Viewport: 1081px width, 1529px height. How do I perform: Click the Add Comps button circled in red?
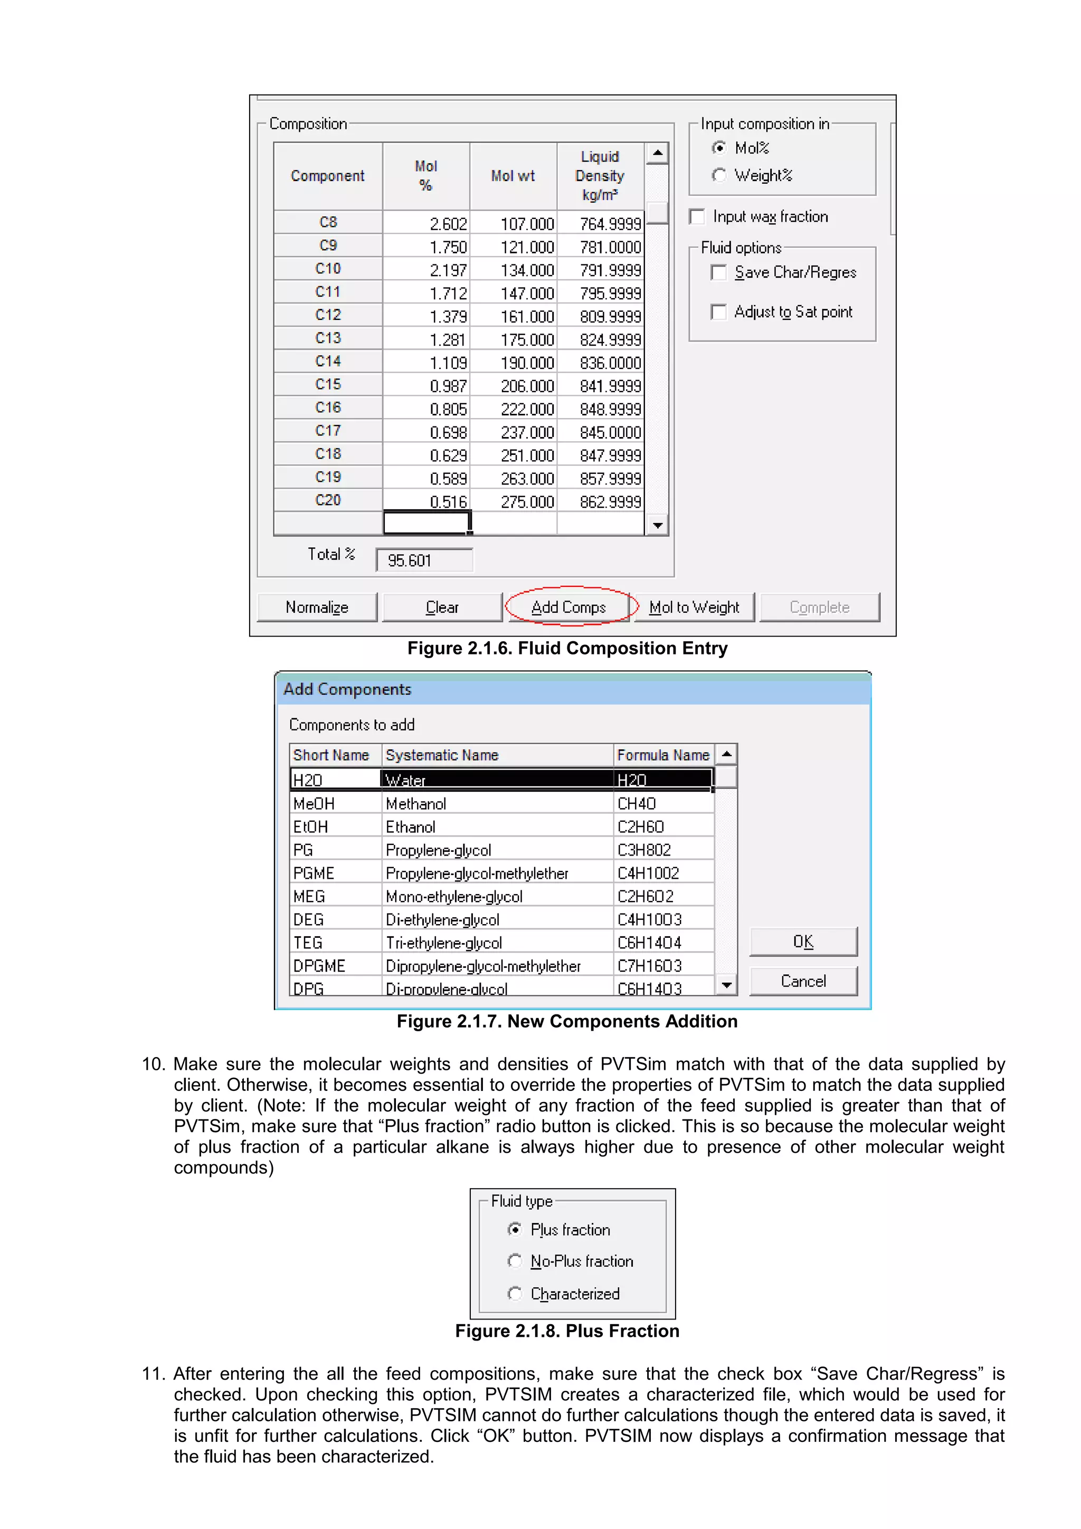coord(568,606)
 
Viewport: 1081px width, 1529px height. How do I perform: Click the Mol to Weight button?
coord(694,606)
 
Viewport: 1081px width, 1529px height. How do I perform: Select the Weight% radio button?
coord(719,175)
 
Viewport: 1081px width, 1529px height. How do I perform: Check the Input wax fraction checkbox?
coord(697,216)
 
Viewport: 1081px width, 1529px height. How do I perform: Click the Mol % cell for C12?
coord(427,316)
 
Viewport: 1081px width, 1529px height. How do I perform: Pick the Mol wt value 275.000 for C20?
coord(514,501)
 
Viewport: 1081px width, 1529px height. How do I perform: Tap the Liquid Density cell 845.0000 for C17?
coord(601,432)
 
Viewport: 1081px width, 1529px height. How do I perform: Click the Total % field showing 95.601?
coord(424,560)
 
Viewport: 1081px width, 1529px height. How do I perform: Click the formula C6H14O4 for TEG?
coord(649,942)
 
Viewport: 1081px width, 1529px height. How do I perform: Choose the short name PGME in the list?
coord(314,873)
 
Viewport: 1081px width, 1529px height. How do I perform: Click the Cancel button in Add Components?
coord(803,981)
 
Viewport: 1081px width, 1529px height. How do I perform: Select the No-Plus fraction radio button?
coord(514,1261)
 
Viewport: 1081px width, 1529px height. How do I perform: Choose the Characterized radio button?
coord(514,1293)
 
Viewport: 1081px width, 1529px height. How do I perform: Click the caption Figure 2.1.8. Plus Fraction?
coord(567,1331)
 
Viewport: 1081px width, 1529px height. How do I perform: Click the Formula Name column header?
coord(663,755)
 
